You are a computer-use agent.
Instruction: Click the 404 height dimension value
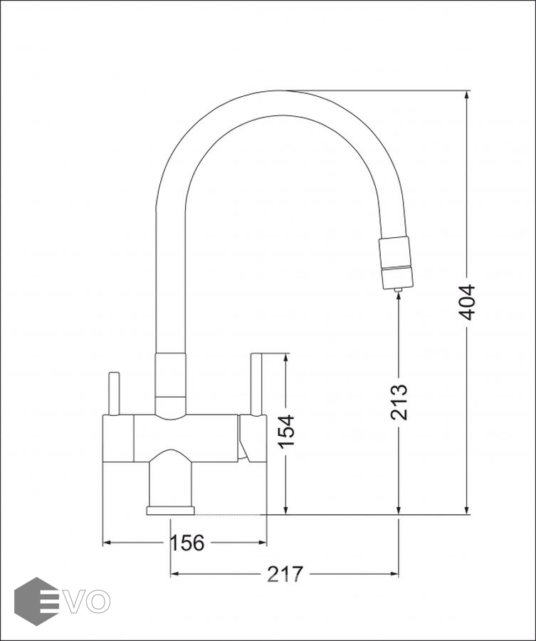(x=466, y=302)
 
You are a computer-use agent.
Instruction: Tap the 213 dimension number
(x=399, y=402)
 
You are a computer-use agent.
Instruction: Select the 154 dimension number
(x=286, y=432)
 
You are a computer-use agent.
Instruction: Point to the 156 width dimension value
(x=186, y=543)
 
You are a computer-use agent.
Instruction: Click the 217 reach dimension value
(x=285, y=574)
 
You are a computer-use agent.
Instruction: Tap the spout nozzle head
(x=396, y=263)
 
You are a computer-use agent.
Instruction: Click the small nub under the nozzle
(x=398, y=289)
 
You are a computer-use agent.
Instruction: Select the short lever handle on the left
(x=114, y=394)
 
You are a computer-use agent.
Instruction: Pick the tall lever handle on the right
(x=256, y=385)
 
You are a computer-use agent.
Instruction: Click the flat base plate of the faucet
(x=171, y=511)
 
